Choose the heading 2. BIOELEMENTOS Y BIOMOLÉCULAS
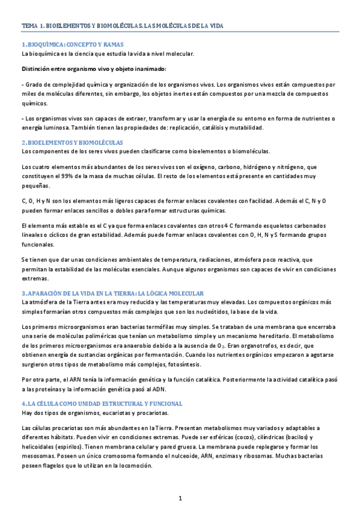[x=72, y=143]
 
